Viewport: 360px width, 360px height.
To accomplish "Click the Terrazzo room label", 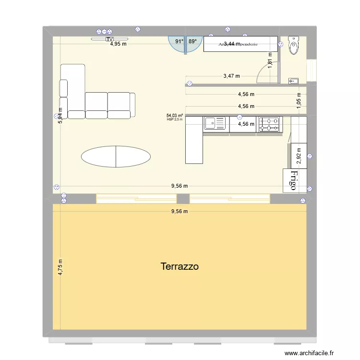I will [180, 266].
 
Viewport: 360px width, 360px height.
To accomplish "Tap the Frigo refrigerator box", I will [293, 180].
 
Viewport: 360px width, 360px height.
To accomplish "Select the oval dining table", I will [116, 156].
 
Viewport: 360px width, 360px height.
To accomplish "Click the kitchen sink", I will [215, 124].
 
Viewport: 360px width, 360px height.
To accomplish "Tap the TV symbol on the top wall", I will [110, 39].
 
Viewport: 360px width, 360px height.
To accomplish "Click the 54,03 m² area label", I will [174, 116].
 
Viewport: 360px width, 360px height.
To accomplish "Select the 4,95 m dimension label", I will [118, 44].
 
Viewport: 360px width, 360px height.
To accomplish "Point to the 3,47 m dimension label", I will [231, 76].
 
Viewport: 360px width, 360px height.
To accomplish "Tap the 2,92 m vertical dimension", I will [298, 156].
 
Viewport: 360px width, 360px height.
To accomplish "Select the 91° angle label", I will [179, 42].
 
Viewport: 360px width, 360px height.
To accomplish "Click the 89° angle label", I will [192, 42].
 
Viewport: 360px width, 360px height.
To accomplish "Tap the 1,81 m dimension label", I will [270, 61].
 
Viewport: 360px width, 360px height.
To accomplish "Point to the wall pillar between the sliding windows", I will [182, 199].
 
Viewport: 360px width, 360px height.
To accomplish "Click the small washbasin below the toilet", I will [293, 81].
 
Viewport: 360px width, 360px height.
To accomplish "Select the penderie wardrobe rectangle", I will [240, 44].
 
